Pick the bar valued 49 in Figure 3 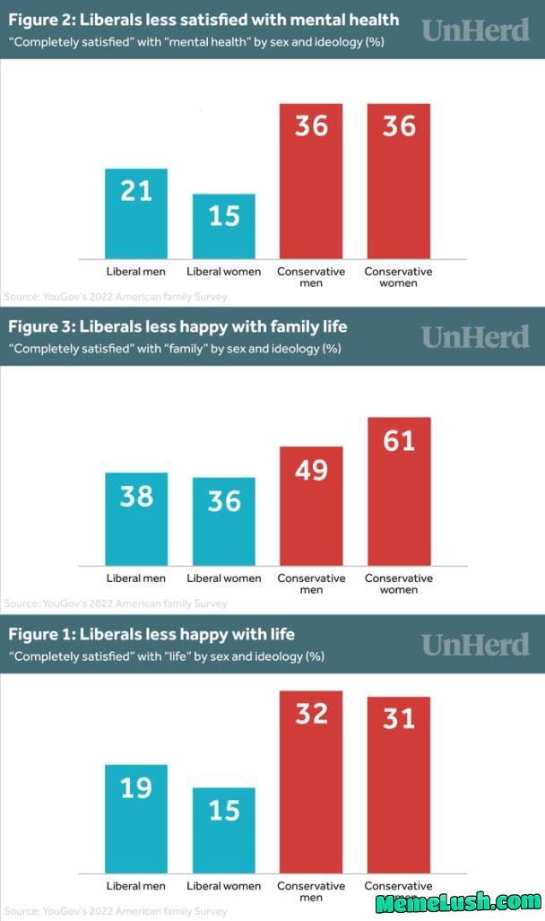311,506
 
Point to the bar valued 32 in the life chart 311,781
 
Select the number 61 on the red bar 399,441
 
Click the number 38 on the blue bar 136,496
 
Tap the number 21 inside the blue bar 136,190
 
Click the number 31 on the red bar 399,718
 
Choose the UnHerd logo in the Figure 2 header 475,30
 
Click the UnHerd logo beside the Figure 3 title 475,336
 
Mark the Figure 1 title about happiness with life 151,634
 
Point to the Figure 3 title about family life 177,326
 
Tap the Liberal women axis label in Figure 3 224,578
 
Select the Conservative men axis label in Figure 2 311,277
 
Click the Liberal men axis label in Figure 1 136,886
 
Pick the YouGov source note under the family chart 116,604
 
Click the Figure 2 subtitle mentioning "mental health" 196,42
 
